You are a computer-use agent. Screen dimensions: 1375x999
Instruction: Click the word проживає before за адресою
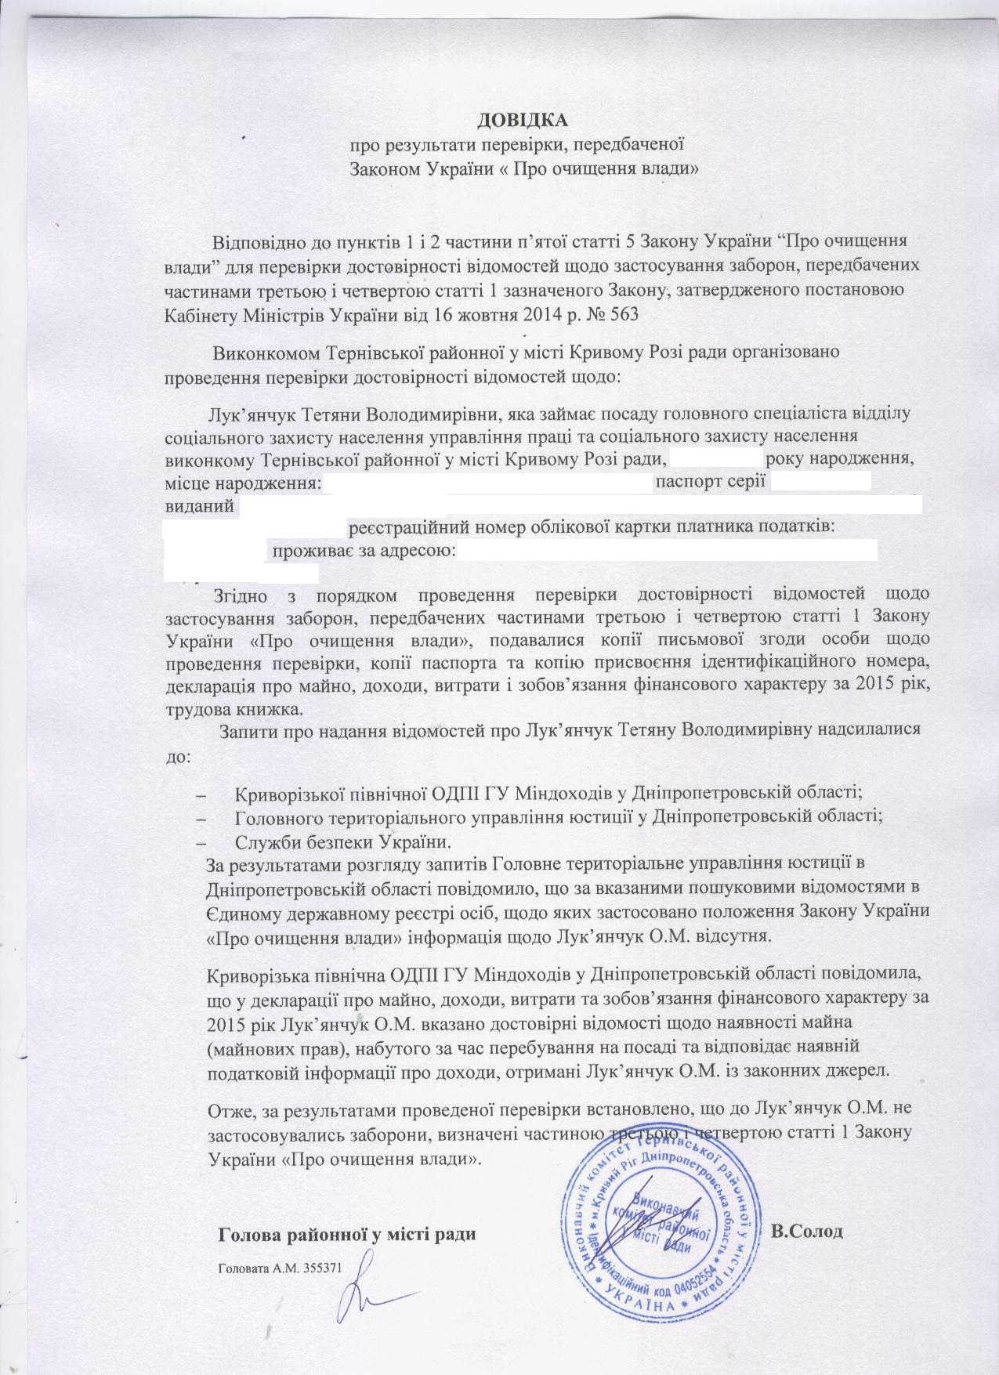[x=306, y=549]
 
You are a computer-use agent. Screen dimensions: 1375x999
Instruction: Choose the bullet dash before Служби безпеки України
[x=207, y=843]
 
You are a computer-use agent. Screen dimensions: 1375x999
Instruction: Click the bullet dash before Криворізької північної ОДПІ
[x=207, y=794]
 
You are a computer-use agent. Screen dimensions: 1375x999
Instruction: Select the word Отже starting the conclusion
[x=226, y=1109]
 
